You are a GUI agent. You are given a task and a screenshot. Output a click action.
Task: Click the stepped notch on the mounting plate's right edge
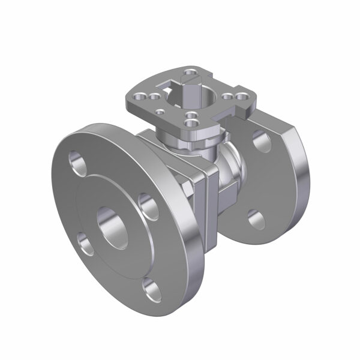click(x=246, y=112)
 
